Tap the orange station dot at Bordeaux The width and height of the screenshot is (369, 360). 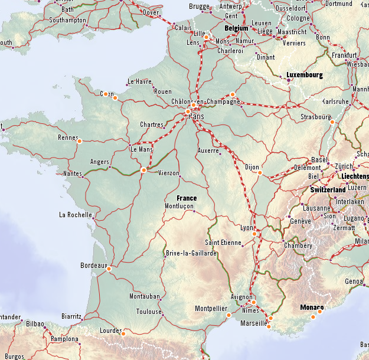click(109, 269)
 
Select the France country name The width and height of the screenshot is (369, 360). click(186, 198)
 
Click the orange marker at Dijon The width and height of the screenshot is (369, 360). click(259, 173)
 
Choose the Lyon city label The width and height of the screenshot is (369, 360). click(247, 227)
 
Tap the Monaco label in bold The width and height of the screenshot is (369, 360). click(312, 307)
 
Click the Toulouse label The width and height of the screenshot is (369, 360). click(148, 312)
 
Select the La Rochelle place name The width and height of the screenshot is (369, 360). click(76, 215)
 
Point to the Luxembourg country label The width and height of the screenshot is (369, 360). click(305, 75)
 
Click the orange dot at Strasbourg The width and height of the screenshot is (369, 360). click(332, 122)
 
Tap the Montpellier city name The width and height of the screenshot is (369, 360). click(211, 308)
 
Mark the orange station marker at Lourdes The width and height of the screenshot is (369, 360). click(123, 334)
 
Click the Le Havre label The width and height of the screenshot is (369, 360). click(139, 81)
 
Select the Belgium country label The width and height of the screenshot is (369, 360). click(237, 28)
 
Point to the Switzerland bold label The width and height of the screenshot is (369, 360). click(328, 189)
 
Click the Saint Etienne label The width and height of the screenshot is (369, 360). click(223, 242)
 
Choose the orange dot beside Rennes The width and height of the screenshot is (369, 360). click(79, 140)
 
